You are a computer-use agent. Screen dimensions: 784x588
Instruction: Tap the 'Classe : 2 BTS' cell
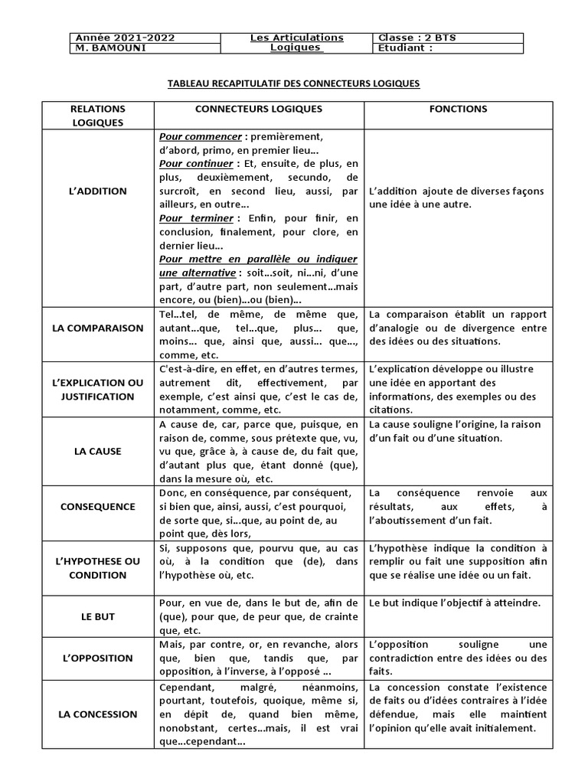pyautogui.click(x=417, y=38)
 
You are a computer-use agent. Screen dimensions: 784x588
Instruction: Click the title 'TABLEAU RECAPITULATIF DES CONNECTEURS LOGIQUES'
pyautogui.click(x=294, y=83)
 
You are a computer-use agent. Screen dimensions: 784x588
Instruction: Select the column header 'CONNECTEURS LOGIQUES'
pyautogui.click(x=259, y=109)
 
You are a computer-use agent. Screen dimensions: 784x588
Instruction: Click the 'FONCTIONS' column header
pyautogui.click(x=458, y=109)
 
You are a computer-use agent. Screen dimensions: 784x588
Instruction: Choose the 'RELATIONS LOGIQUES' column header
pyautogui.click(x=97, y=115)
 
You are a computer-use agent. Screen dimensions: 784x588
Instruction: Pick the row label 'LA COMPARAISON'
pyautogui.click(x=97, y=328)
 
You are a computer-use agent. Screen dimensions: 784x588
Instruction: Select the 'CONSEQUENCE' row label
pyautogui.click(x=97, y=506)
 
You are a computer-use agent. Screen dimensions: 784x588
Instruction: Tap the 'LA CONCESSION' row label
pyautogui.click(x=97, y=714)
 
